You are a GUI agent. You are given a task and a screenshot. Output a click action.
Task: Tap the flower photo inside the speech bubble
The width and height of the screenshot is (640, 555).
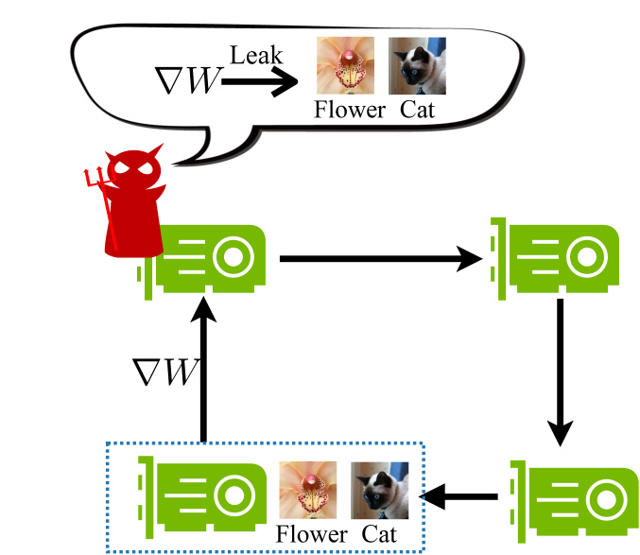[343, 65]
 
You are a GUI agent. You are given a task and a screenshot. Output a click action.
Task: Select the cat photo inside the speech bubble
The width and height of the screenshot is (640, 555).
[417, 65]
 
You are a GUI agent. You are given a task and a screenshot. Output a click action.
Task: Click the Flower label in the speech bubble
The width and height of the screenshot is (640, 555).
[350, 110]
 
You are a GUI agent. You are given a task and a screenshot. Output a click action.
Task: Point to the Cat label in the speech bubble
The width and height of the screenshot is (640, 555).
[417, 110]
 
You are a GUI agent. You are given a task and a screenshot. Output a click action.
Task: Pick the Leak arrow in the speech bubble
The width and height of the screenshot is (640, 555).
[257, 83]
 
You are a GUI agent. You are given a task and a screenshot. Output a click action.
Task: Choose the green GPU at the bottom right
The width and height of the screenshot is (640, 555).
[572, 496]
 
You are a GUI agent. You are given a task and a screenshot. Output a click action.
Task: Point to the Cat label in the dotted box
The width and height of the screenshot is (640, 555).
[378, 534]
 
